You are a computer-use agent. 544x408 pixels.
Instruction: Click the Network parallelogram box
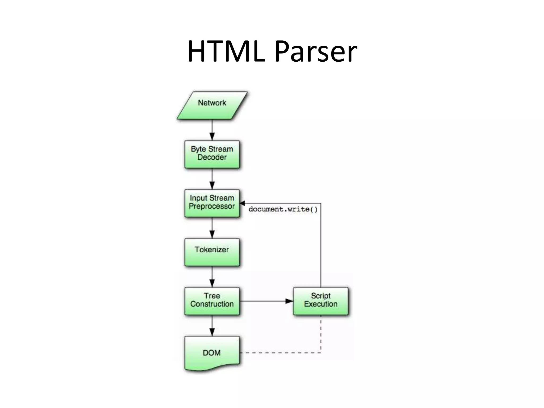(x=212, y=105)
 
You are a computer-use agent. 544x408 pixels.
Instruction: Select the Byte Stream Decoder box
(x=212, y=154)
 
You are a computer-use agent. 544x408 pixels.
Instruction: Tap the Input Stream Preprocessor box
(x=212, y=203)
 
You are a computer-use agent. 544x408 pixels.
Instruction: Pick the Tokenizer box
(x=212, y=252)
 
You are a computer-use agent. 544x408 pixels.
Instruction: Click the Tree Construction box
(x=212, y=301)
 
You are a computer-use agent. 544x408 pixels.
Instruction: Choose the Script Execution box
(x=321, y=301)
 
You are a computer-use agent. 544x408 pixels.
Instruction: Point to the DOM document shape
(x=212, y=353)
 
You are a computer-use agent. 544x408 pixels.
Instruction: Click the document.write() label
(x=283, y=209)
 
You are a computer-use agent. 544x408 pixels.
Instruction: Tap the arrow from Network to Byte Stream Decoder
(x=212, y=130)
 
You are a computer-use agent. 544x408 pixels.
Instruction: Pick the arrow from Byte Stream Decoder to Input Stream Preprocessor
(x=212, y=179)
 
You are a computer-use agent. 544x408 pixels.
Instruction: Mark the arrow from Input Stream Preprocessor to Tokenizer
(x=212, y=228)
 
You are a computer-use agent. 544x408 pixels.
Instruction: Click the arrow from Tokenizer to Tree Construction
(x=212, y=277)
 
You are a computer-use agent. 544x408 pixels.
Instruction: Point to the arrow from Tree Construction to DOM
(x=212, y=326)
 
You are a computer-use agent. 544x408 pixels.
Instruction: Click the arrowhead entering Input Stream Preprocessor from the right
(x=242, y=203)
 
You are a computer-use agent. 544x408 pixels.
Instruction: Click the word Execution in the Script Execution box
(x=321, y=304)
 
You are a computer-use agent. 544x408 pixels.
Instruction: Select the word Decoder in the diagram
(x=212, y=157)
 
